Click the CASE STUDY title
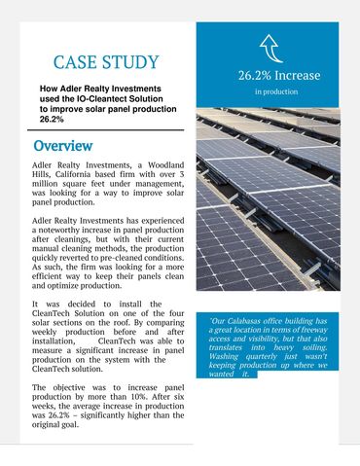pos(104,63)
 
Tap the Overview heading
pos(62,146)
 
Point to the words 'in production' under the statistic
pos(276,92)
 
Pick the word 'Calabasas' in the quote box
pos(252,321)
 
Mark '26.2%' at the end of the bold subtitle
pos(52,119)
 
